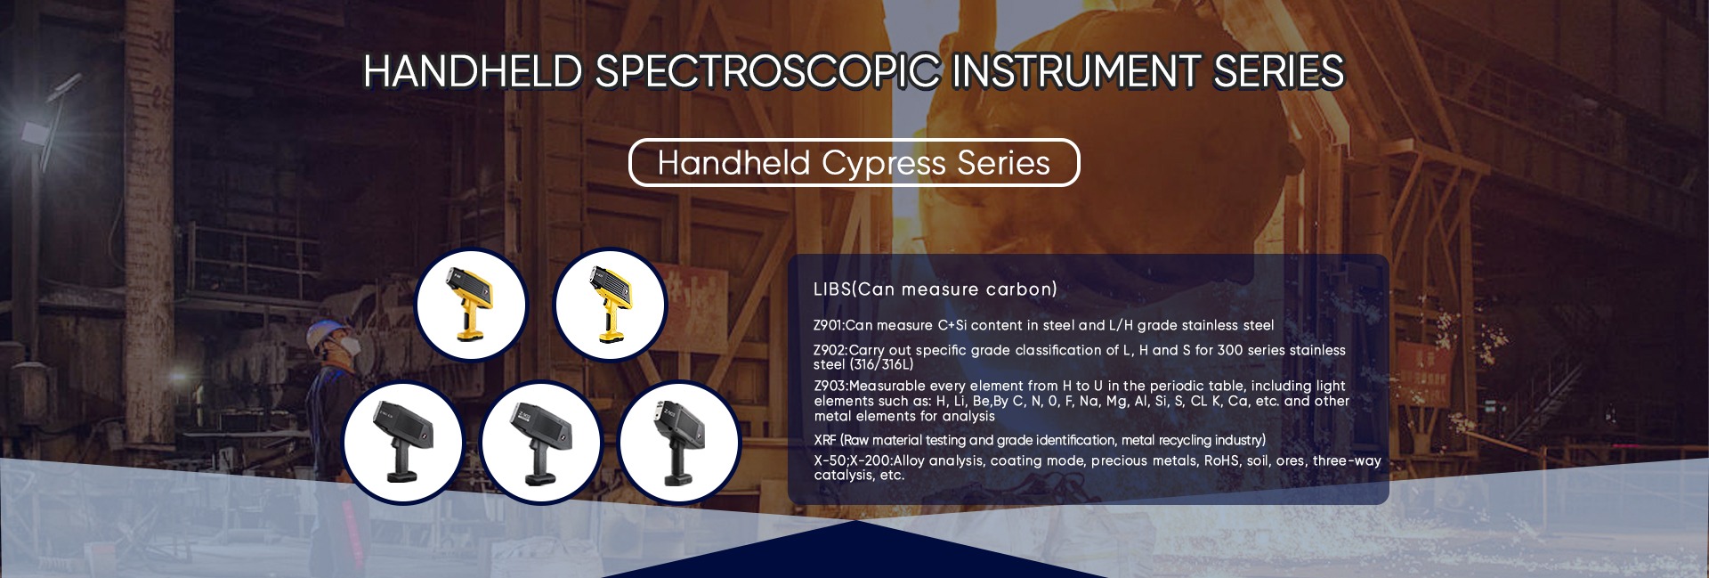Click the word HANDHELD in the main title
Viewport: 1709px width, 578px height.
pos(473,71)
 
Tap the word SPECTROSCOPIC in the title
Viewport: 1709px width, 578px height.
pos(767,71)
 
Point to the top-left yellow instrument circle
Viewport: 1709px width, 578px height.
pos(472,305)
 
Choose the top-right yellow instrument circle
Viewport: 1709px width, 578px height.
pos(611,305)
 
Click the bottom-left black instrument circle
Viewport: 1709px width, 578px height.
pos(404,442)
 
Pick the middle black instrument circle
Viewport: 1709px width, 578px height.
pos(541,442)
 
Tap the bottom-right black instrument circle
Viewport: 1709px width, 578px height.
pos(678,442)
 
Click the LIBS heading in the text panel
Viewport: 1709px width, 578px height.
pos(832,289)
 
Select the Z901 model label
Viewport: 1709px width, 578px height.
pos(828,326)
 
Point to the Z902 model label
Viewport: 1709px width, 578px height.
pos(829,350)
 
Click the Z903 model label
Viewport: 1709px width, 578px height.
pos(830,386)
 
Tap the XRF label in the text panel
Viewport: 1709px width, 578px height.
pos(825,440)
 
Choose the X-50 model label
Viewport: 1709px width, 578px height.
pos(830,460)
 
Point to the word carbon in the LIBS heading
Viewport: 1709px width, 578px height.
pos(1025,289)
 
